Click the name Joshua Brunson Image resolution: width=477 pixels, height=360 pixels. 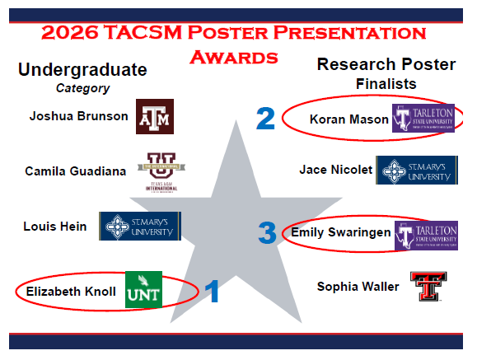[78, 116]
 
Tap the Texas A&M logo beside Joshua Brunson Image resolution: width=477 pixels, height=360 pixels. [155, 116]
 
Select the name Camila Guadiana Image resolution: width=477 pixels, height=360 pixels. [75, 171]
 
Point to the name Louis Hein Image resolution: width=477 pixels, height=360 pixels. [55, 227]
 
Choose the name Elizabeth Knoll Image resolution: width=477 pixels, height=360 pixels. [70, 291]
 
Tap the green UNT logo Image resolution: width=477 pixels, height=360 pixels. [143, 290]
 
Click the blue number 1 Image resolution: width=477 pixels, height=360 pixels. [212, 291]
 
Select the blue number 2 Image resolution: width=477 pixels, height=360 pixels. [264, 119]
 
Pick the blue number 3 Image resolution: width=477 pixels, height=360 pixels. [267, 233]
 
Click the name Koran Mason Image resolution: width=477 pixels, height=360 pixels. [348, 119]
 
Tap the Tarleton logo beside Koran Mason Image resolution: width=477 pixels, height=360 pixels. [423, 119]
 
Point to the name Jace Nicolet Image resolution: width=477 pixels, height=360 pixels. [336, 171]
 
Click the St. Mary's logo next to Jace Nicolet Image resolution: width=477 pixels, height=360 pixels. [417, 171]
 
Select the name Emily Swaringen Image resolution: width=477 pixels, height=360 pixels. [340, 233]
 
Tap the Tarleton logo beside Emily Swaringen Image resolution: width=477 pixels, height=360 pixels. [426, 233]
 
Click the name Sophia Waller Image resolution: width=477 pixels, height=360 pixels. [358, 287]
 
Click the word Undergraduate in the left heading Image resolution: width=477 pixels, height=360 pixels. [82, 69]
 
